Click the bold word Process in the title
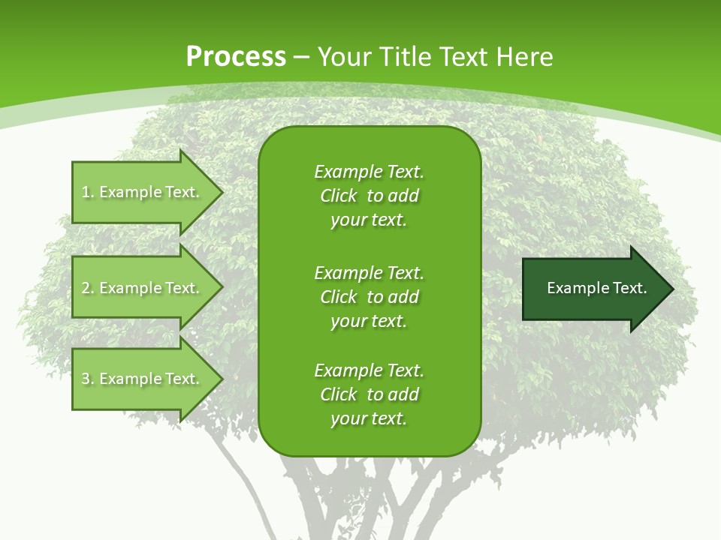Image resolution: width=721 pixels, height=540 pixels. [x=236, y=57]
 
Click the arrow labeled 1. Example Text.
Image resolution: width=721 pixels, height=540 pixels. [x=143, y=192]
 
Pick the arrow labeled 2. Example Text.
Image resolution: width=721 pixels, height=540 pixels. [x=143, y=288]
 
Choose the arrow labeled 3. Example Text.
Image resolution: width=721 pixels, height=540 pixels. [x=143, y=379]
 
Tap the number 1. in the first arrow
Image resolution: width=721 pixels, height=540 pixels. [x=88, y=193]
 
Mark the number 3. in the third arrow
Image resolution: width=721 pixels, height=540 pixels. [x=88, y=379]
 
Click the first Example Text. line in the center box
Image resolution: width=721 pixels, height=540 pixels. [x=369, y=172]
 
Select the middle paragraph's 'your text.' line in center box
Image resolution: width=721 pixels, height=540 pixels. [x=369, y=321]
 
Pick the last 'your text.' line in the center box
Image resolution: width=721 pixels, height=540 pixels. [x=369, y=418]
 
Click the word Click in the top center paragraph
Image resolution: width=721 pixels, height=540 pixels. [x=339, y=196]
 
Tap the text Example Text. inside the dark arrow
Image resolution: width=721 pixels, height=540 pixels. [x=596, y=288]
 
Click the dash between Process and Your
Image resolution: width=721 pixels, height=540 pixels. [x=302, y=57]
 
